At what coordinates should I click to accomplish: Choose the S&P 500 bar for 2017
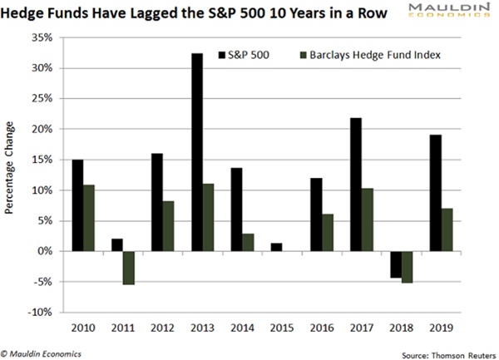point(354,185)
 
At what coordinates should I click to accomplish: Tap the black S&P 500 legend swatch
point(222,55)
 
